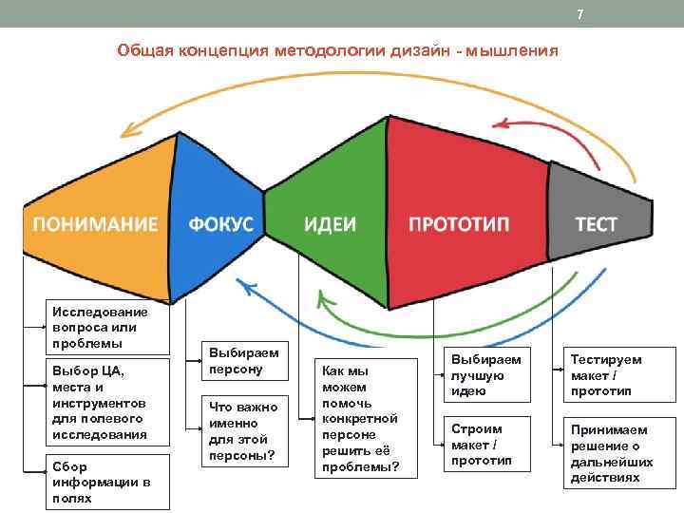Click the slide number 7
click(x=579, y=12)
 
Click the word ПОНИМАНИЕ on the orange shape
click(x=95, y=224)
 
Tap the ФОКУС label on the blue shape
click(x=220, y=224)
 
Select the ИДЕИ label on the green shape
click(x=330, y=224)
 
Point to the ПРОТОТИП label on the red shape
click(x=459, y=224)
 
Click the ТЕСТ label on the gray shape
click(x=596, y=224)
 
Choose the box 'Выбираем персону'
click(x=238, y=360)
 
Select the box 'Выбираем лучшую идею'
click(x=485, y=374)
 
